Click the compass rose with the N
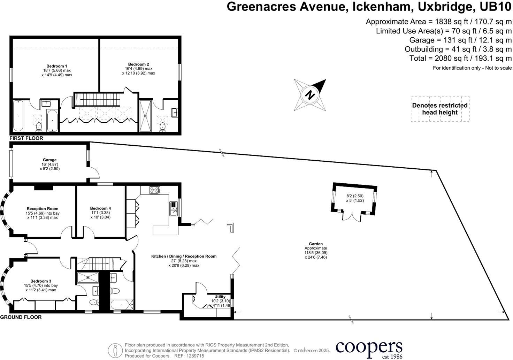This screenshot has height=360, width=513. pos(310,95)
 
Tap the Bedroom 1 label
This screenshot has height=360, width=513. pos(57,66)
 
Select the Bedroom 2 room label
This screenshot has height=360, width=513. pos(138,64)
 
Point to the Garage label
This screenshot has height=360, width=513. pos(49,160)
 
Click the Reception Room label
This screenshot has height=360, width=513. pos(43,209)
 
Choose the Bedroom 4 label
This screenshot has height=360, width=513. pos(100,208)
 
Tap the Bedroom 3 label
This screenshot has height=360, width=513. pos(41,281)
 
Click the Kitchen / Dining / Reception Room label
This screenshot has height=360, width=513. pos(184,256)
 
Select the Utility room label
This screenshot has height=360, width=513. pos(220,297)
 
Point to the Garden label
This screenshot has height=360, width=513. pos(316,244)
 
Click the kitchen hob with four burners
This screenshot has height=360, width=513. pos(155,190)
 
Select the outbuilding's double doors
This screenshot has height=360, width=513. pos(352,216)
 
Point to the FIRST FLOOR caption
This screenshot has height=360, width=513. pos(26,138)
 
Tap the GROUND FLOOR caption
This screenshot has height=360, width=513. pos(21,317)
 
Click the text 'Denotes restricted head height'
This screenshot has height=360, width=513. pos(440,109)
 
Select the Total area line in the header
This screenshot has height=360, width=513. pos(460,58)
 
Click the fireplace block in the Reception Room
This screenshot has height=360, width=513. pos(44,188)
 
